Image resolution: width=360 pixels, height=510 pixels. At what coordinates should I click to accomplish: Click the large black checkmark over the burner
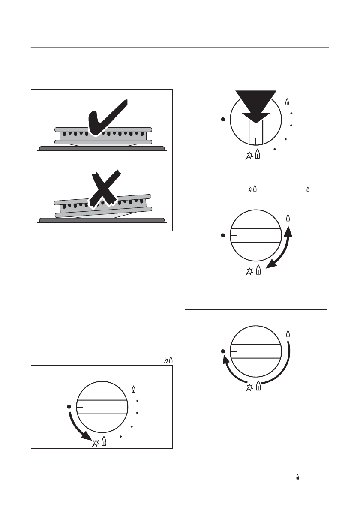click(x=107, y=118)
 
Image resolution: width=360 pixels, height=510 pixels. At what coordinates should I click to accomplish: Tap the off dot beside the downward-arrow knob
click(x=223, y=120)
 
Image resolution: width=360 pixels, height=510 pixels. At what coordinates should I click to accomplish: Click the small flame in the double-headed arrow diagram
click(x=288, y=217)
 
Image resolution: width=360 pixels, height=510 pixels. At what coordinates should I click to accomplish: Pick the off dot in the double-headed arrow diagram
click(x=223, y=235)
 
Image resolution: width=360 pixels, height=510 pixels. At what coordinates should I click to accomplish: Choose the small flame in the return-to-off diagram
click(x=288, y=333)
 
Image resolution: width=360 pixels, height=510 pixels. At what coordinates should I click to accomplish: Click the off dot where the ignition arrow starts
click(x=69, y=406)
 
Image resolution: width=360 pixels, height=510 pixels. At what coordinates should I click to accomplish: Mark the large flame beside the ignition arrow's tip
click(x=104, y=442)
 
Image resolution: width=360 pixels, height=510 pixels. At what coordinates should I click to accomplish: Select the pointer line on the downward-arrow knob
click(x=255, y=141)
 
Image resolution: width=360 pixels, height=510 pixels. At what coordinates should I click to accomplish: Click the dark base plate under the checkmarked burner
click(x=102, y=148)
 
